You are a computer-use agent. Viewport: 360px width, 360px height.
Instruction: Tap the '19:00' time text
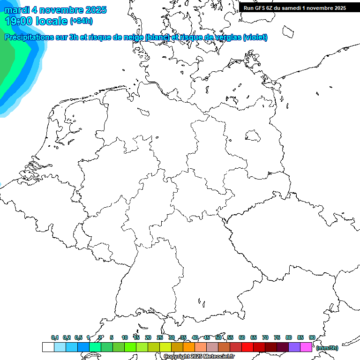point(18,21)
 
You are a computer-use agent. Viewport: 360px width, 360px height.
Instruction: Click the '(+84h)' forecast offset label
point(81,21)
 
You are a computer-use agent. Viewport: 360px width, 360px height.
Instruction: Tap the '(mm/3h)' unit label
point(327,348)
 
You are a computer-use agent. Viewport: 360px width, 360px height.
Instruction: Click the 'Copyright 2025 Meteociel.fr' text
point(199,357)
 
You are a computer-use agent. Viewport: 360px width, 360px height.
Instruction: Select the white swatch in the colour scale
point(48,347)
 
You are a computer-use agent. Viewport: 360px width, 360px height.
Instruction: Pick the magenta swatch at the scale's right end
point(306,347)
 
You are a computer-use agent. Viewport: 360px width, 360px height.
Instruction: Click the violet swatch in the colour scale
point(294,347)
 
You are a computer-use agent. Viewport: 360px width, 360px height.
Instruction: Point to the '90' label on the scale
point(312,337)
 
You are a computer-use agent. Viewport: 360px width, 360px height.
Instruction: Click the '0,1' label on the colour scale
point(55,337)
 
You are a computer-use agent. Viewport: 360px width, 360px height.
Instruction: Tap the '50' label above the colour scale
point(218,337)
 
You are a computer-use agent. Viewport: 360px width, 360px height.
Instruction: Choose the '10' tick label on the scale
point(125,337)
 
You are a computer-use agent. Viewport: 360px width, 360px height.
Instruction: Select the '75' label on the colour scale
point(277,337)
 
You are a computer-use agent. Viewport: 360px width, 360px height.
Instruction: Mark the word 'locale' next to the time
point(53,21)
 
